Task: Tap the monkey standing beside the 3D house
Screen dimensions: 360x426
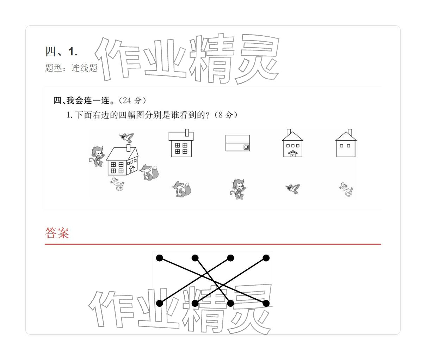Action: pyautogui.click(x=96, y=156)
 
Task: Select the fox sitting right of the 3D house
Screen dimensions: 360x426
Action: pyautogui.click(x=149, y=172)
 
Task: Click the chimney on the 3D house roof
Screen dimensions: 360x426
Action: pyautogui.click(x=129, y=147)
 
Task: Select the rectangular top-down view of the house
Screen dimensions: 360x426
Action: pyautogui.click(x=237, y=143)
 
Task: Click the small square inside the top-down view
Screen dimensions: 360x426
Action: pyautogui.click(x=246, y=147)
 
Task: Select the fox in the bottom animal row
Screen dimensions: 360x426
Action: pyautogui.click(x=182, y=189)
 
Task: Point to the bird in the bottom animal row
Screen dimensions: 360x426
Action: pyautogui.click(x=293, y=189)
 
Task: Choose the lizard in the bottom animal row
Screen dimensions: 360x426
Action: pyautogui.click(x=346, y=189)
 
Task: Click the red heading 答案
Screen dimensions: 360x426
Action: pyautogui.click(x=57, y=233)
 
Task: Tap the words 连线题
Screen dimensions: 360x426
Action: pyautogui.click(x=85, y=68)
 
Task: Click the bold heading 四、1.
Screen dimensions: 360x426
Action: pyautogui.click(x=61, y=52)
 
